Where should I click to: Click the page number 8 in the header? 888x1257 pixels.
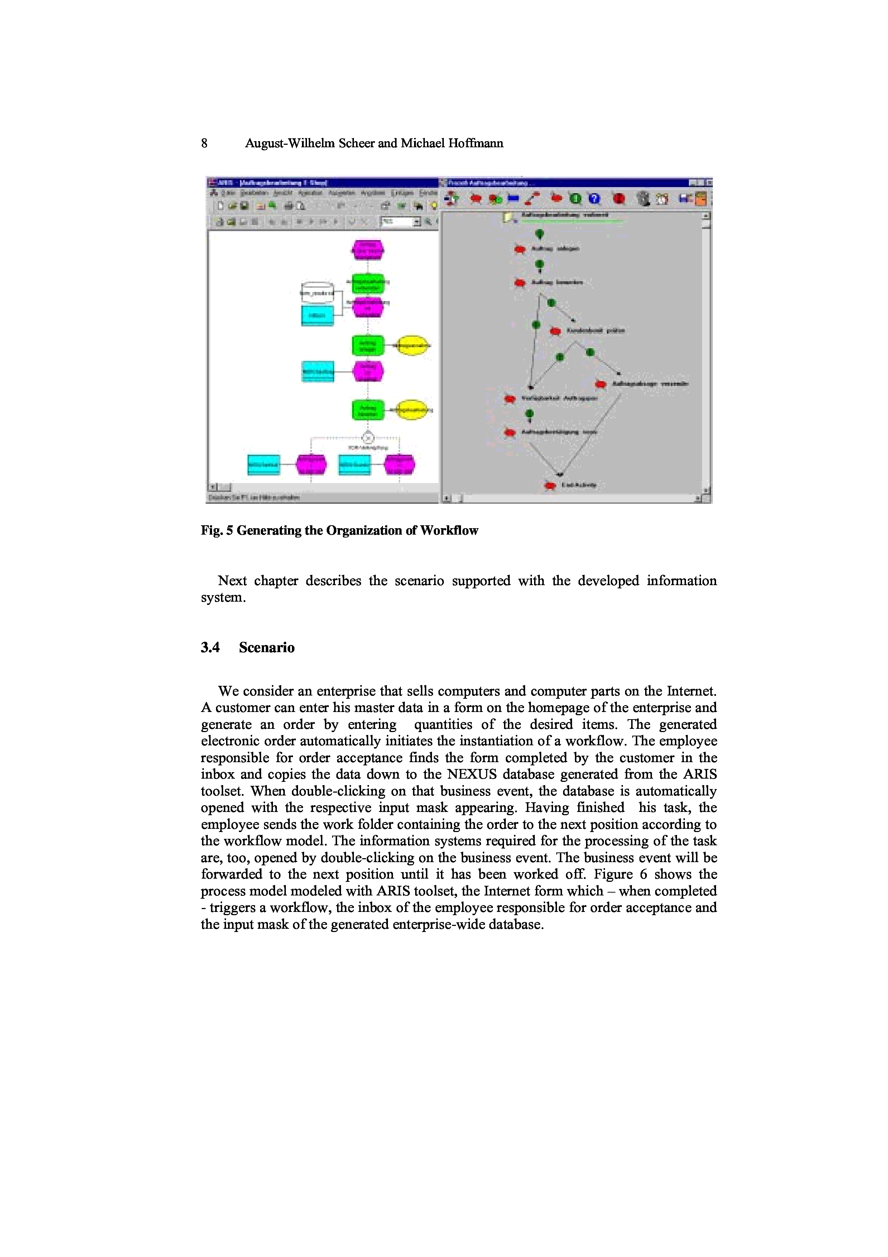coord(204,143)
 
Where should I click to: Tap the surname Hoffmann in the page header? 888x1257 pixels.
coord(475,143)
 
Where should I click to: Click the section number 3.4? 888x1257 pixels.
coord(210,647)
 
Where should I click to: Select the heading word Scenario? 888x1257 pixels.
coord(267,647)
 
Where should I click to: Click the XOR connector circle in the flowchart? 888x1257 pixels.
coord(368,438)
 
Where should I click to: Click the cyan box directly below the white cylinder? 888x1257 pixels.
coord(317,316)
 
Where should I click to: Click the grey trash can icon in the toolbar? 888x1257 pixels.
coord(644,199)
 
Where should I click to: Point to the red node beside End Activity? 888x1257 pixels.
coord(550,486)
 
